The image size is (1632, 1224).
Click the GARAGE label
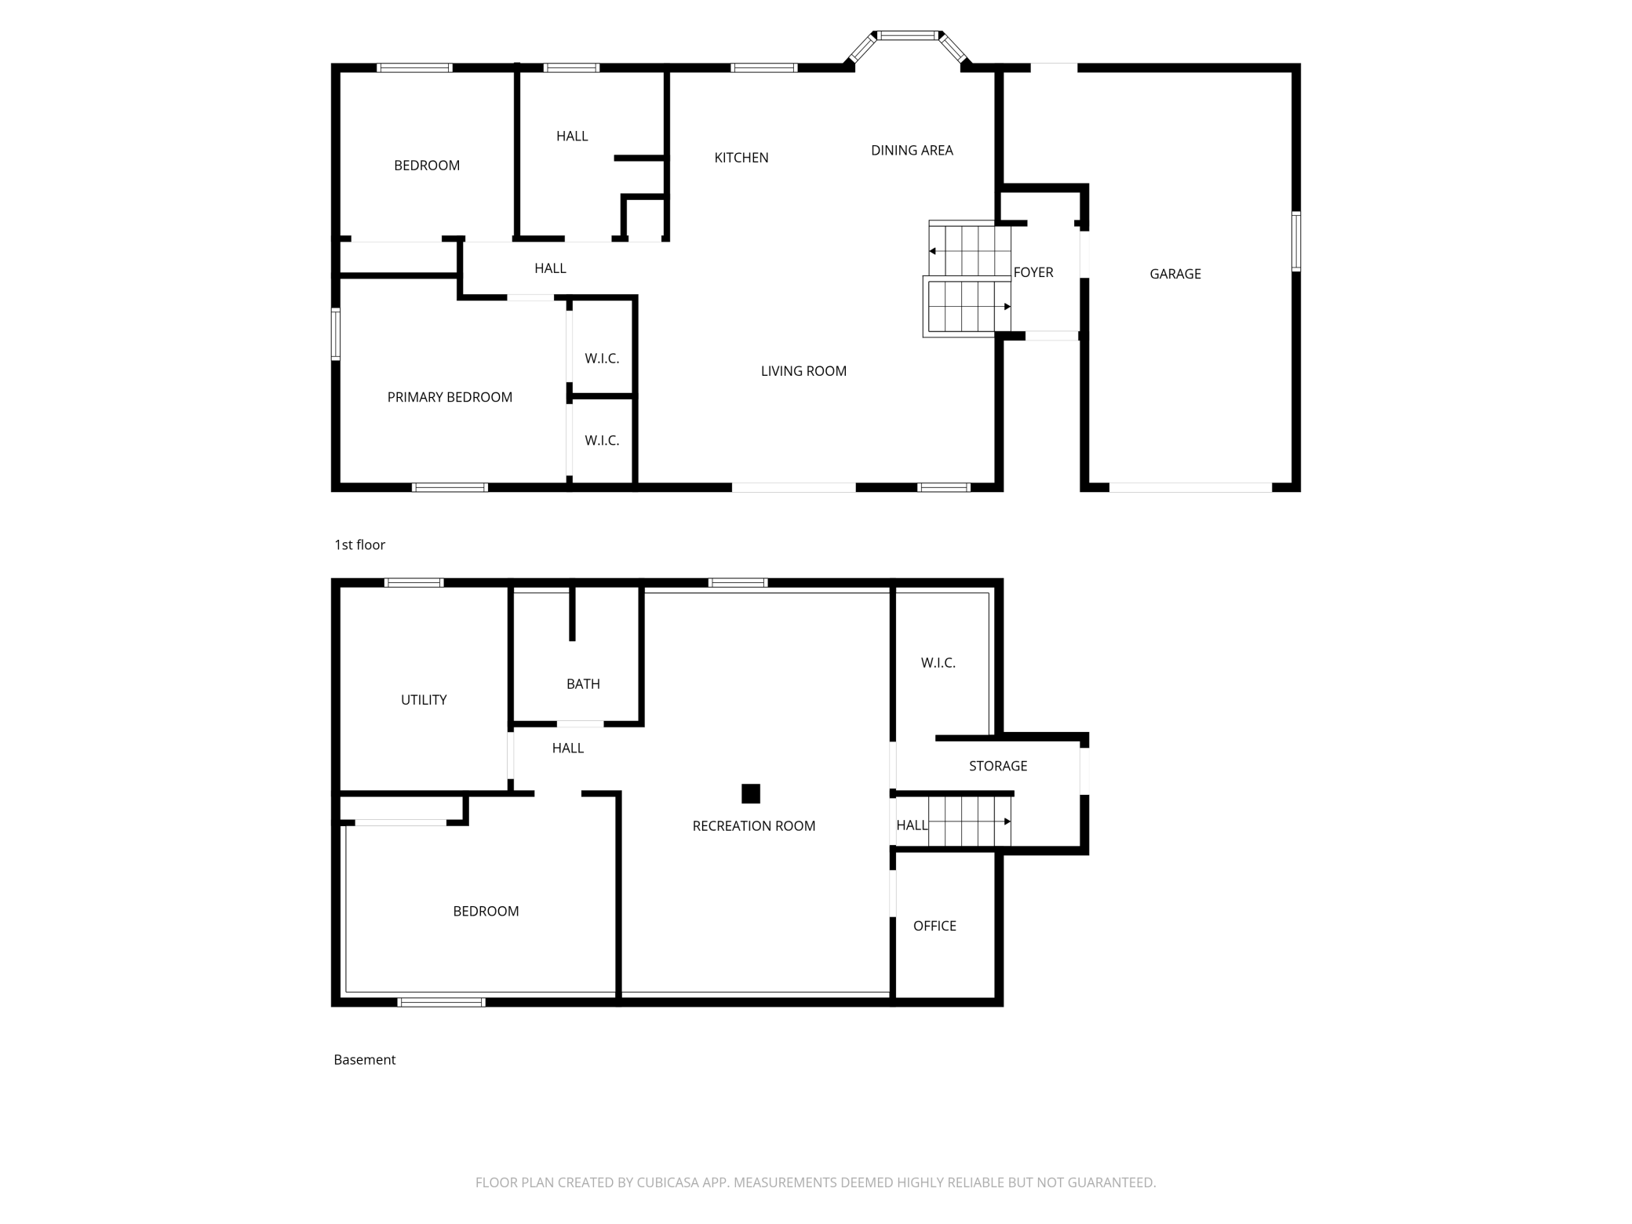[1175, 274]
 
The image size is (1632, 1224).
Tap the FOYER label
[1033, 272]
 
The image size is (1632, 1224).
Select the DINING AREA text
[912, 150]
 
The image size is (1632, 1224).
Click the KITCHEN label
[741, 158]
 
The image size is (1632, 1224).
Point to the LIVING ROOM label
[803, 371]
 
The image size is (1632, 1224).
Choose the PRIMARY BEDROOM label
[450, 397]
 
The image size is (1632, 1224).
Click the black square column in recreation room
[750, 793]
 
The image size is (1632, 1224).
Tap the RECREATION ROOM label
[753, 825]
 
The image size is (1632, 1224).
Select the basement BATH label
[583, 684]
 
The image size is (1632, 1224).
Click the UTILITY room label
[424, 700]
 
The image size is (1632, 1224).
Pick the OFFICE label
[934, 926]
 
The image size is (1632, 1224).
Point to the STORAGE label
[997, 766]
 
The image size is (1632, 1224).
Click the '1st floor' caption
[359, 545]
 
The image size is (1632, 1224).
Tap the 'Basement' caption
[364, 1059]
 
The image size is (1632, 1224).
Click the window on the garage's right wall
[1295, 241]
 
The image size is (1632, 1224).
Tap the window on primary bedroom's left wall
[336, 334]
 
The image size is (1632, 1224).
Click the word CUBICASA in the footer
[668, 1182]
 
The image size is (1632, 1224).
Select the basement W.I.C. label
[938, 663]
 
